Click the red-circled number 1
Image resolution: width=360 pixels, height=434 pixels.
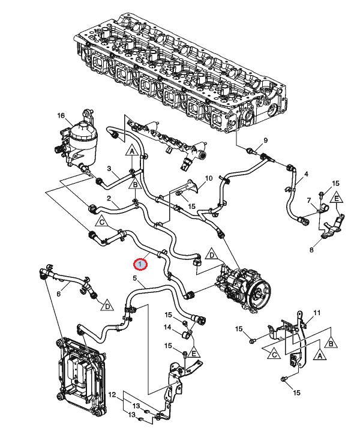pos(140,264)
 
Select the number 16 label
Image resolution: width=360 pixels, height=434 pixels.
pos(61,115)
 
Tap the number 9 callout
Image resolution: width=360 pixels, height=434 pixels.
pos(266,140)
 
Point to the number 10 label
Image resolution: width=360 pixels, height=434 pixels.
pos(209,178)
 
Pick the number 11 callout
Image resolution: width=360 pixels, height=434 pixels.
pos(317,313)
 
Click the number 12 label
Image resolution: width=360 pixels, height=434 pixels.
pos(112,395)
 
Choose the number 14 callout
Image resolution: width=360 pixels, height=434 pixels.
pos(167,327)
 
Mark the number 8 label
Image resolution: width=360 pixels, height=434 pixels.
pos(311,250)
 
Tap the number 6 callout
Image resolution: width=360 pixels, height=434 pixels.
pos(58,294)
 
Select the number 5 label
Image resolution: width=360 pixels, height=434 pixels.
pos(135,278)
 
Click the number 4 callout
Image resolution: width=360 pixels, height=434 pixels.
pos(306,174)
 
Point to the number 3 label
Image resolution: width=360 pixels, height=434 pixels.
pos(109,168)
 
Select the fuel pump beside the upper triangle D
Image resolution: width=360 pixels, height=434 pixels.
pos(243,288)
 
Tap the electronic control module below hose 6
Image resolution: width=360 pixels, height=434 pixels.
pos(80,376)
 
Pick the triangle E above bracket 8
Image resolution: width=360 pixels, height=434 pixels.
pos(337,198)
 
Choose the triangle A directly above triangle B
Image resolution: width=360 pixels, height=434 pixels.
pos(132,151)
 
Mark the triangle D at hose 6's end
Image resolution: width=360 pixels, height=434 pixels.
pos(107,306)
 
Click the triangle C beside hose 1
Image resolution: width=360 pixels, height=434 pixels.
pos(102,222)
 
